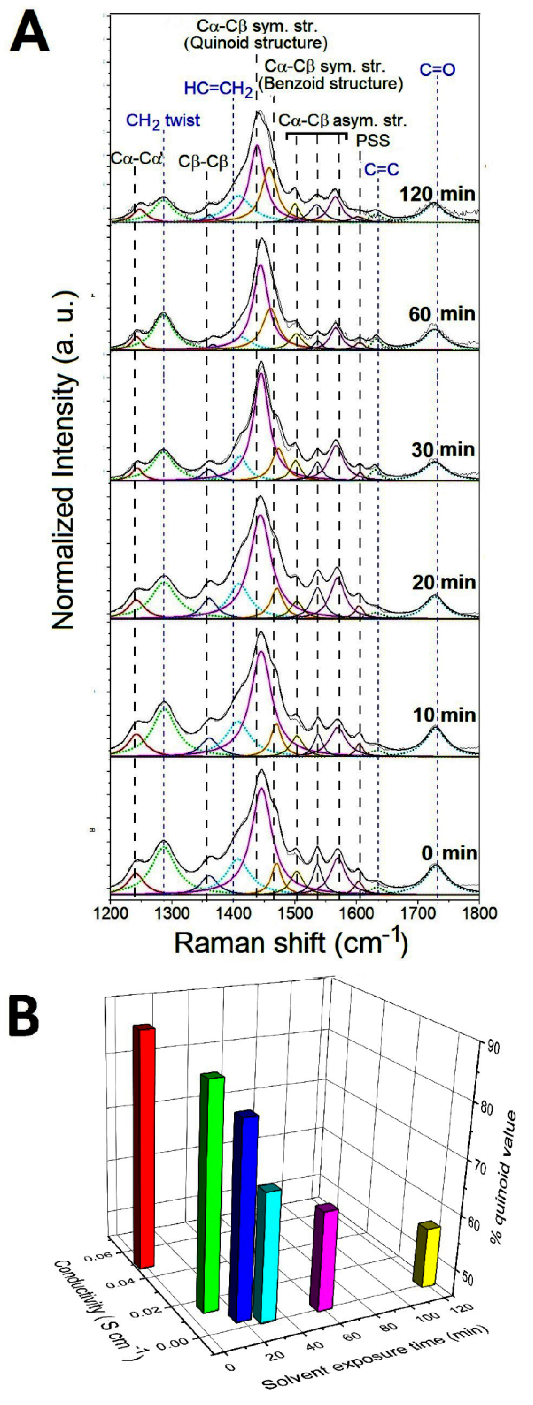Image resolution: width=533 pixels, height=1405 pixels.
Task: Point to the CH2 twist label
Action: click(163, 120)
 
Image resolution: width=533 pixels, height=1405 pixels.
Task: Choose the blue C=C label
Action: click(382, 170)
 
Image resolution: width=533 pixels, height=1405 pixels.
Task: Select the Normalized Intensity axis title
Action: click(64, 458)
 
